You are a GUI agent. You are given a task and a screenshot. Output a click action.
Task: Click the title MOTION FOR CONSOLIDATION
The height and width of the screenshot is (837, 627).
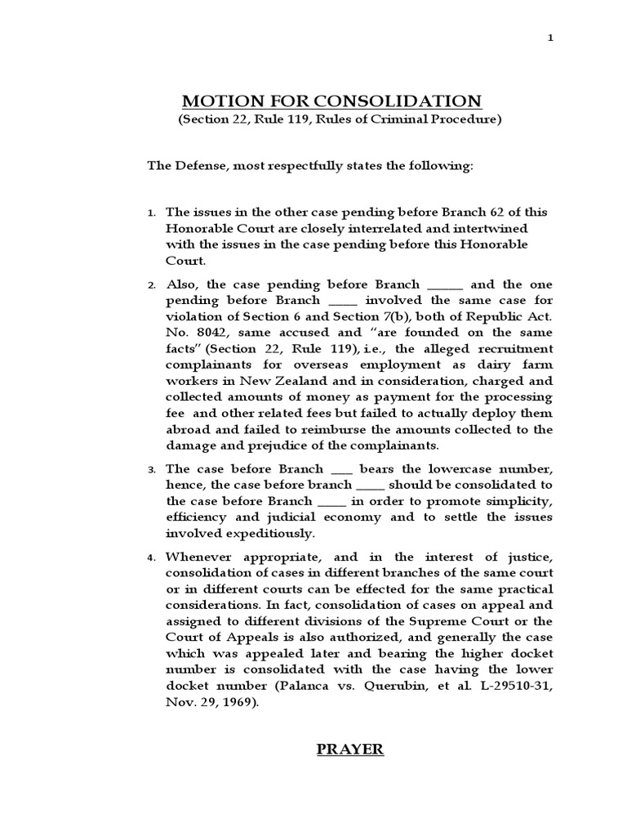point(331,101)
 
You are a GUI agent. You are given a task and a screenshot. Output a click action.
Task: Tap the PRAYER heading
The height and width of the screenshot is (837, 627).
point(350,749)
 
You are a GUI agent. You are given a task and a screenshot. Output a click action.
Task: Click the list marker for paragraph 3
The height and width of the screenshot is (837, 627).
point(151,470)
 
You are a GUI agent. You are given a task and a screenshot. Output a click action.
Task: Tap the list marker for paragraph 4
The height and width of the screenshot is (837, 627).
point(151,558)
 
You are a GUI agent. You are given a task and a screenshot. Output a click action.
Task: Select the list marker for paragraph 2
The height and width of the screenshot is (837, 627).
point(151,285)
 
